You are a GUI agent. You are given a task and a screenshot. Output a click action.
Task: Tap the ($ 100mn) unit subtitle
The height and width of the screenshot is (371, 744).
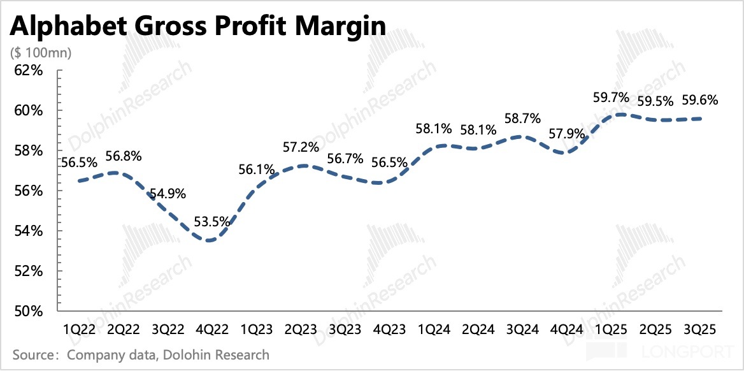39,53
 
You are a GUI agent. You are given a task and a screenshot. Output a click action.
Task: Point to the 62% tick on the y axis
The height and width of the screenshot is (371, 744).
28,70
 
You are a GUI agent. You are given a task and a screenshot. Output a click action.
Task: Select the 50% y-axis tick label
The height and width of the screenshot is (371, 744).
28,312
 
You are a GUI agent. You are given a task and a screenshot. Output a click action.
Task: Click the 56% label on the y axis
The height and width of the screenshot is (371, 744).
28,191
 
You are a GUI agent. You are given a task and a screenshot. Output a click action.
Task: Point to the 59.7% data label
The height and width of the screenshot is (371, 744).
610,98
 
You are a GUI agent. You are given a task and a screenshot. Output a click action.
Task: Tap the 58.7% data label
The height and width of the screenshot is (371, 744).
522,119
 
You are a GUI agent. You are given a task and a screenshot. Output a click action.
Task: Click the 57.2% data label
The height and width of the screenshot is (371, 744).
301,148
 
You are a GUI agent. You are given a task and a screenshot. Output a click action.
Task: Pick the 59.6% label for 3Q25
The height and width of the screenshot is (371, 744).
700,100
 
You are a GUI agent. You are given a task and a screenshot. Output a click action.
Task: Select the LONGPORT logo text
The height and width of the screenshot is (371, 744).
692,353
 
